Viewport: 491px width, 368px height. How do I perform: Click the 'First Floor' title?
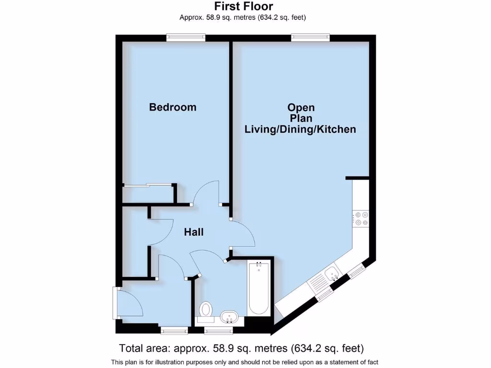point(243,6)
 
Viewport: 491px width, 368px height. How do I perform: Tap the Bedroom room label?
point(173,107)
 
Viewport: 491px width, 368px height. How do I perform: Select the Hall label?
point(194,232)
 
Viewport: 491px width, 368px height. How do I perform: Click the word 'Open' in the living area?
point(301,107)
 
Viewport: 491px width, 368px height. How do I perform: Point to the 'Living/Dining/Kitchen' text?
point(300,129)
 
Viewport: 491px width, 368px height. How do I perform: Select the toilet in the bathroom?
point(206,309)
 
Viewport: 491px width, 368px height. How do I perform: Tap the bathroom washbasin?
point(229,317)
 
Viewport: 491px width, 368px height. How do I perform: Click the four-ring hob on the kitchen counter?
point(361,218)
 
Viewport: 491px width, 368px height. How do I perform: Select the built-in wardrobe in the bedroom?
point(148,194)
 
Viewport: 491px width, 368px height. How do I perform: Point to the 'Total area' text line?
point(241,348)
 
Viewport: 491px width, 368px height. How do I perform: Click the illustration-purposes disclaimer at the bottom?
point(245,362)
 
